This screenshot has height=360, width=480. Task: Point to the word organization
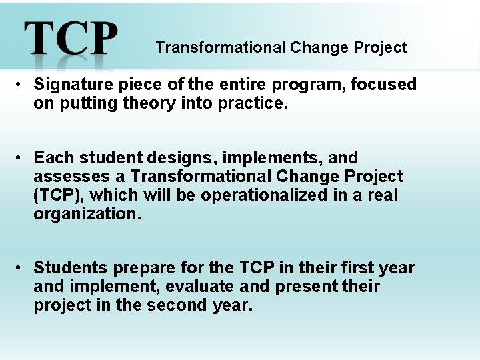(87, 214)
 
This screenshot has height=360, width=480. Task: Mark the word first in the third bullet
(355, 268)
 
